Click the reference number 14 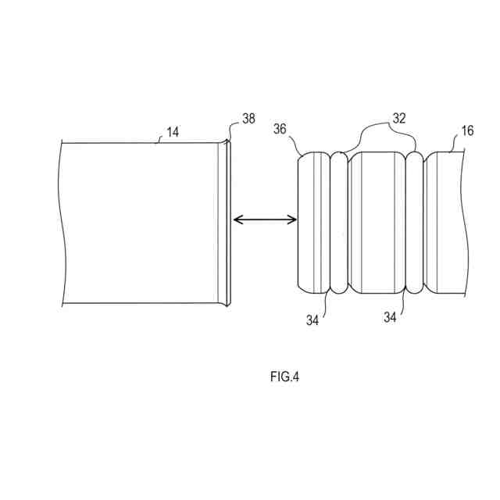[173, 133]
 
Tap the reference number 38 [248, 120]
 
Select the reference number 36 [280, 128]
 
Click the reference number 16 [467, 131]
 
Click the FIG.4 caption [284, 377]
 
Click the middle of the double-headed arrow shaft [266, 222]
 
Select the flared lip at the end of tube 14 [227, 222]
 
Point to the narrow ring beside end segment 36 [339, 223]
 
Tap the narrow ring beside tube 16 [414, 223]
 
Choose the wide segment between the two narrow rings [377, 223]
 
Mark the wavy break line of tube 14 [62, 223]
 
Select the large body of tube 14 [141, 223]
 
